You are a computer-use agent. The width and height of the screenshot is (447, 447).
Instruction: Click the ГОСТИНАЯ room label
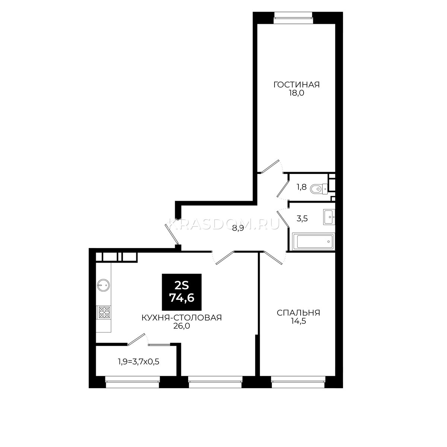tap(296, 85)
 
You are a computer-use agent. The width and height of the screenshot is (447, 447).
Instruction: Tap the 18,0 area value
tap(296, 93)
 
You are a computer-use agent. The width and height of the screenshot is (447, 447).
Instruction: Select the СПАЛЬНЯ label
tap(298, 313)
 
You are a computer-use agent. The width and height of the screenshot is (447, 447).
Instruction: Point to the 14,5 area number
tap(298, 321)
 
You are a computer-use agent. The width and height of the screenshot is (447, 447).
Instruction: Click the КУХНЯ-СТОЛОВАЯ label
tap(182, 318)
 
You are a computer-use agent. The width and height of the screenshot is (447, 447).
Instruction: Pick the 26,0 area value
tap(182, 326)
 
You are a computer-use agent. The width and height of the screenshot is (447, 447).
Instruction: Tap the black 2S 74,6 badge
tap(182, 292)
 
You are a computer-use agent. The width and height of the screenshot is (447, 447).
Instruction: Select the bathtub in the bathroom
tap(313, 241)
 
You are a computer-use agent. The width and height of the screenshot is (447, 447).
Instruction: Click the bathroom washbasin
tap(329, 217)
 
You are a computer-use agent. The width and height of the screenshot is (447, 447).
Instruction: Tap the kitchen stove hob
tap(104, 312)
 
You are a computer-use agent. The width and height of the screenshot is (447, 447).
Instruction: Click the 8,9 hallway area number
tap(238, 229)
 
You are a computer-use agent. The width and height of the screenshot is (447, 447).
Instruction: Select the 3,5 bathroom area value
tap(302, 219)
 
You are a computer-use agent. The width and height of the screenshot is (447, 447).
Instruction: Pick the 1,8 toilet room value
tap(302, 187)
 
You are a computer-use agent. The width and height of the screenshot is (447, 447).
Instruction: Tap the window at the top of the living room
tap(293, 18)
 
